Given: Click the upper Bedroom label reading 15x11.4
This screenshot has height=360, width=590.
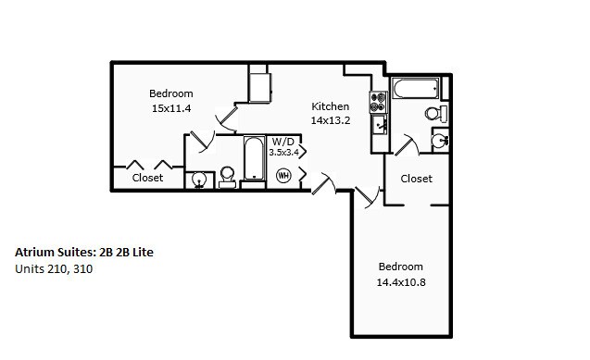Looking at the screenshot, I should point(170,107).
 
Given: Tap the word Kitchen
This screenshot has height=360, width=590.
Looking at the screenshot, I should point(330,106).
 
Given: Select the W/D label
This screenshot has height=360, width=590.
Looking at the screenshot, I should point(282,142).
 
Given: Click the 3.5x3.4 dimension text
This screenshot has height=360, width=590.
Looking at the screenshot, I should point(284,152).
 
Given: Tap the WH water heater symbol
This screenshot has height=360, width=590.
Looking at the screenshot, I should point(284,174).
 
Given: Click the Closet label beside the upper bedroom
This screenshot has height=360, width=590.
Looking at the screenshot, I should point(148,177).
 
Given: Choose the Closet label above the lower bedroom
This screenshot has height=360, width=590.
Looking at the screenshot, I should point(416,178).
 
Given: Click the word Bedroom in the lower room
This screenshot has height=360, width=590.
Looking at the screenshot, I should point(400,267).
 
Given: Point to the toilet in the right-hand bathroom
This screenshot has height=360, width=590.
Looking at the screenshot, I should point(433,113).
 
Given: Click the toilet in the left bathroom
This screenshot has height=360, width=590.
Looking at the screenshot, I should point(226,177).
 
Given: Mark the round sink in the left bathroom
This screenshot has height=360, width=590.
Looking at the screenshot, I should point(199,180).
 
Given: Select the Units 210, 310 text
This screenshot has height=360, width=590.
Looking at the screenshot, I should point(54,269).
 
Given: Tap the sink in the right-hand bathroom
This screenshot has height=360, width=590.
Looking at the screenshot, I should point(441,140).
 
